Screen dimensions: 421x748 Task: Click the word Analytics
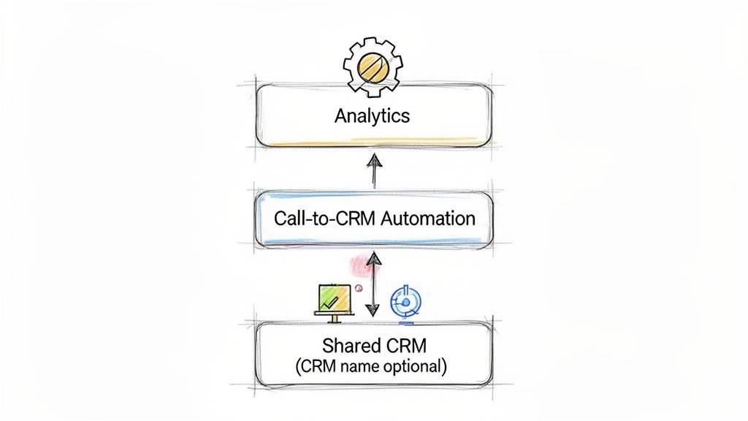(372, 115)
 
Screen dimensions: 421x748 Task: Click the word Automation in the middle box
(434, 218)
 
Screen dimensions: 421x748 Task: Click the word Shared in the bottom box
(347, 344)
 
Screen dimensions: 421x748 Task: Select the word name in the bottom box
(359, 365)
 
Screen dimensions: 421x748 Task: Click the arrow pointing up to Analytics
(373, 171)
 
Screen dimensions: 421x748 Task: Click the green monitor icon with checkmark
(333, 300)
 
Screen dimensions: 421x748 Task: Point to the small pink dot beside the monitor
(358, 289)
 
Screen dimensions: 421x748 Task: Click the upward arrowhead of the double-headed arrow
(373, 257)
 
